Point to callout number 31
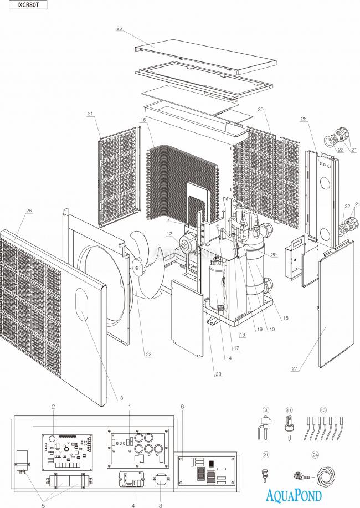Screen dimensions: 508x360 pyautogui.click(x=90, y=114)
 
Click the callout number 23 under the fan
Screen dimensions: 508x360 pyautogui.click(x=148, y=355)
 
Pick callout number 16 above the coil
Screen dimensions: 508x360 pyautogui.click(x=143, y=120)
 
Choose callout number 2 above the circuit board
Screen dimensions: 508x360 pyautogui.click(x=53, y=407)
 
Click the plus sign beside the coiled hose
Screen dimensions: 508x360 pyautogui.click(x=315, y=476)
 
